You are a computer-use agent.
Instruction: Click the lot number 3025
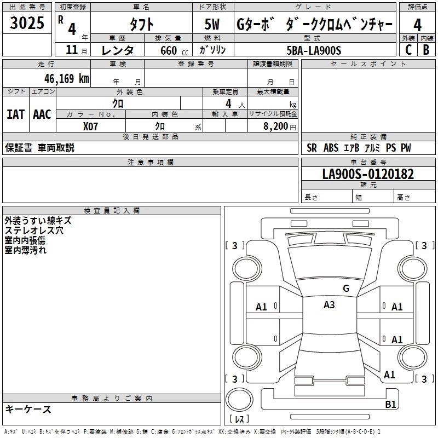point(27,23)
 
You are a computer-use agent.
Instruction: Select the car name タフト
point(141,25)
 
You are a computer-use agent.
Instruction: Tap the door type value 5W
point(213,25)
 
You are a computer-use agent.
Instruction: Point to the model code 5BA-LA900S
point(314,50)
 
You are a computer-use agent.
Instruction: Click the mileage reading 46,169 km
point(62,78)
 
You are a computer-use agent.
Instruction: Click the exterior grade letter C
point(408,50)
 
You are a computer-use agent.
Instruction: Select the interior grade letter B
point(426,50)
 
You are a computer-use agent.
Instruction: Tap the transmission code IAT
point(15,114)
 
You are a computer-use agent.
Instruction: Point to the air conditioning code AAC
point(42,114)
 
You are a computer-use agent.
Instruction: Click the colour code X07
point(91,126)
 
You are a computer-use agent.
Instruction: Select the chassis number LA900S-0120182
point(368,175)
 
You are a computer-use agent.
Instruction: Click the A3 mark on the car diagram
point(329,306)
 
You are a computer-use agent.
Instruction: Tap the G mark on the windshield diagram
point(345,289)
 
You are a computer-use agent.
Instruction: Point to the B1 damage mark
point(390,405)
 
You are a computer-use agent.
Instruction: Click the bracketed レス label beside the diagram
point(239,419)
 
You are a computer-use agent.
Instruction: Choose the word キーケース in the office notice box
point(28,409)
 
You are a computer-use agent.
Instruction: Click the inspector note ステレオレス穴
point(34,230)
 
